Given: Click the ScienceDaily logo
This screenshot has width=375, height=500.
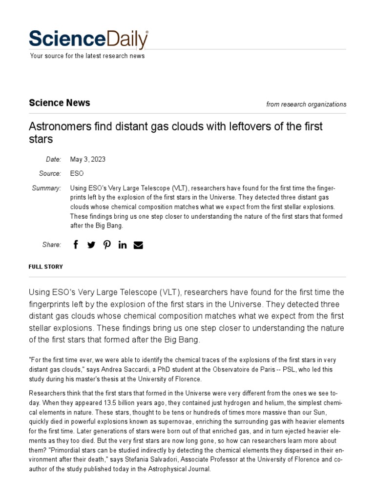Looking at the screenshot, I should tap(88, 39).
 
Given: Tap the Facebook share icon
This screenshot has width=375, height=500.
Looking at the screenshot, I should tap(76, 245).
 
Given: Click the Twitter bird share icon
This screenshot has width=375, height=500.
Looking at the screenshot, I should tap(91, 245).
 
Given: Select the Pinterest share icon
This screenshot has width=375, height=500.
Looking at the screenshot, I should tap(107, 245).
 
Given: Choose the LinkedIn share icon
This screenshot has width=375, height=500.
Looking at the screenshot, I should tap(122, 245).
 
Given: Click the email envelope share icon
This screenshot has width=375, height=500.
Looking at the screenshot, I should tap(138, 245).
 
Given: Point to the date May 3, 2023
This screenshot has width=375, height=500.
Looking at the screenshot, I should tap(88, 160).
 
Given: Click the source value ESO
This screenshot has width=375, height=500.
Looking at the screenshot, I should tap(77, 173).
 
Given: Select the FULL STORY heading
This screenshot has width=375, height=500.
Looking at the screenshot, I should tap(46, 267).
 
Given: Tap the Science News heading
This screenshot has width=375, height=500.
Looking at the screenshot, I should tap(60, 103).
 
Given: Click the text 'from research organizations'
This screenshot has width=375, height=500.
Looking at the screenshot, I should tap(306, 104).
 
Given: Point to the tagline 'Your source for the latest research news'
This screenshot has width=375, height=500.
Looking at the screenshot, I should tap(87, 56).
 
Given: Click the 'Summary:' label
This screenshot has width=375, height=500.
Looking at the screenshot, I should tap(46, 188).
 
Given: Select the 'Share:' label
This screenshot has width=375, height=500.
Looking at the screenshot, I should tap(51, 245).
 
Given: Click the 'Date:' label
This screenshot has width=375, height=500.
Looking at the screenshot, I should tap(53, 160).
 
